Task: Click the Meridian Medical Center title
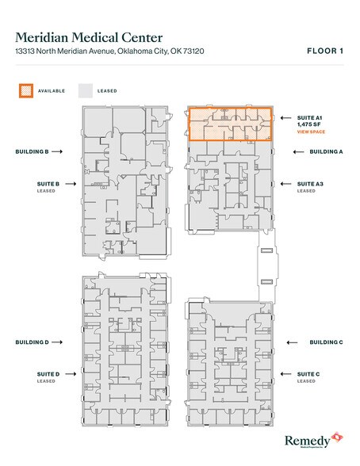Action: tap(89, 36)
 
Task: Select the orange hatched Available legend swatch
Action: tap(25, 90)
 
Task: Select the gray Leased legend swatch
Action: tap(85, 90)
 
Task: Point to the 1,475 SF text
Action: tap(308, 124)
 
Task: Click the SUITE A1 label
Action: tap(309, 117)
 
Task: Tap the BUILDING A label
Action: tap(326, 151)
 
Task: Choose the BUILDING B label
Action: tap(33, 151)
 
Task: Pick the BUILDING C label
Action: tap(326, 342)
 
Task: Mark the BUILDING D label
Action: tap(33, 342)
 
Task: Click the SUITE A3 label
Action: tap(310, 183)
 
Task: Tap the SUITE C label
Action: tap(309, 373)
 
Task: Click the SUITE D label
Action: tap(48, 373)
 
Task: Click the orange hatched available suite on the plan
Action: tap(230, 124)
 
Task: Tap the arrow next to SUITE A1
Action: tap(283, 117)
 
